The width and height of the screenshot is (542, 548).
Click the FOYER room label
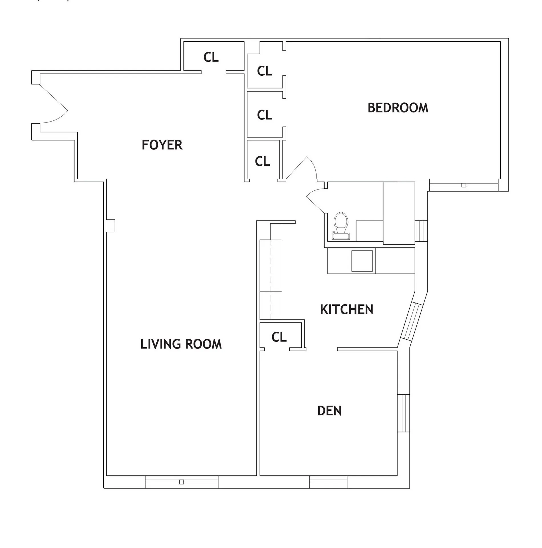[162, 145]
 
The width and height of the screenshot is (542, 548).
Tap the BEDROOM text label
[398, 108]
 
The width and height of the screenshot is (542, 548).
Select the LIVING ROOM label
[181, 344]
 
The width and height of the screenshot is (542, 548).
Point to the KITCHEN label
[346, 309]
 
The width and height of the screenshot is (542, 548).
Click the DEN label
[329, 411]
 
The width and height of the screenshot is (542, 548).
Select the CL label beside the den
[279, 337]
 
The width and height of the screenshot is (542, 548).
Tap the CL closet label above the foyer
[211, 57]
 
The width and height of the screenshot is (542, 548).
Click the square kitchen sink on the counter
[362, 261]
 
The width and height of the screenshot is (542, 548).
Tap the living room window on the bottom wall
[182, 482]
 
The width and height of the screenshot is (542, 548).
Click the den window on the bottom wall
[329, 482]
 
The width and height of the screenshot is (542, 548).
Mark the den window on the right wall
[403, 413]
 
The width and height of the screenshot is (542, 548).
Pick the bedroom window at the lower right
[464, 185]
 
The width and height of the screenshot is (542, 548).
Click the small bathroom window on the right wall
[421, 231]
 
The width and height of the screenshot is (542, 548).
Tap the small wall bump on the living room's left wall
[111, 226]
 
